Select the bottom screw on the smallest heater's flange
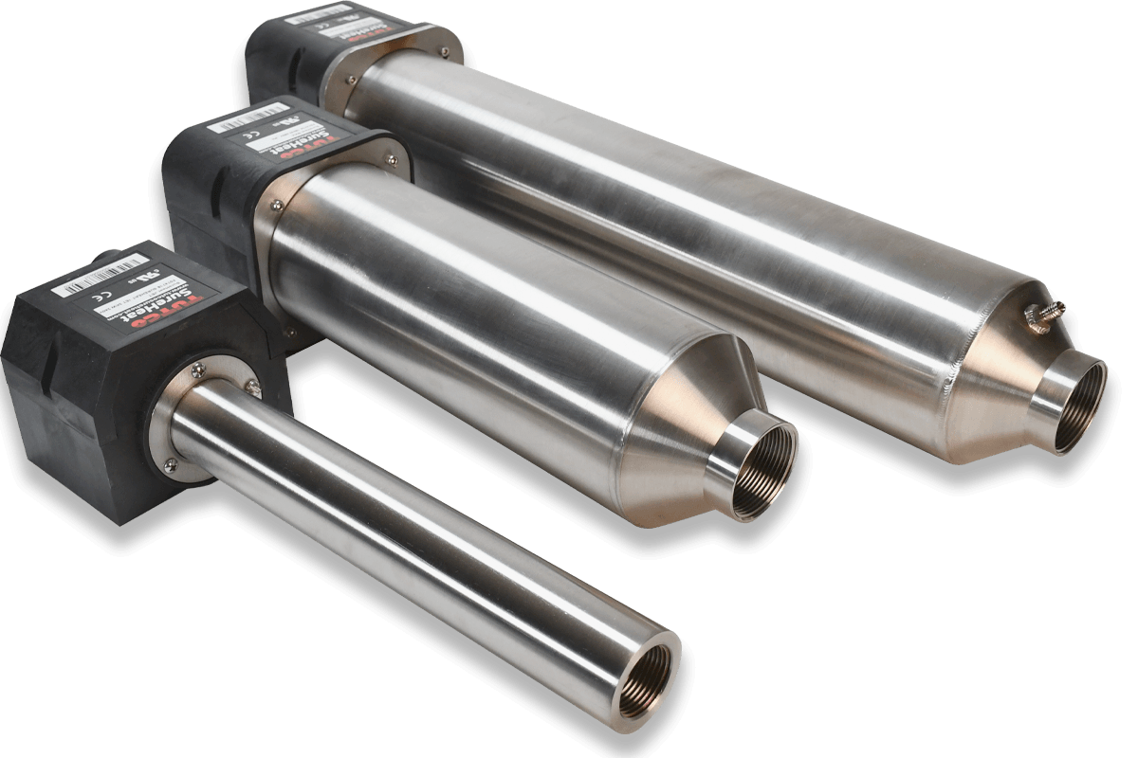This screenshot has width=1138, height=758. coord(172,462)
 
